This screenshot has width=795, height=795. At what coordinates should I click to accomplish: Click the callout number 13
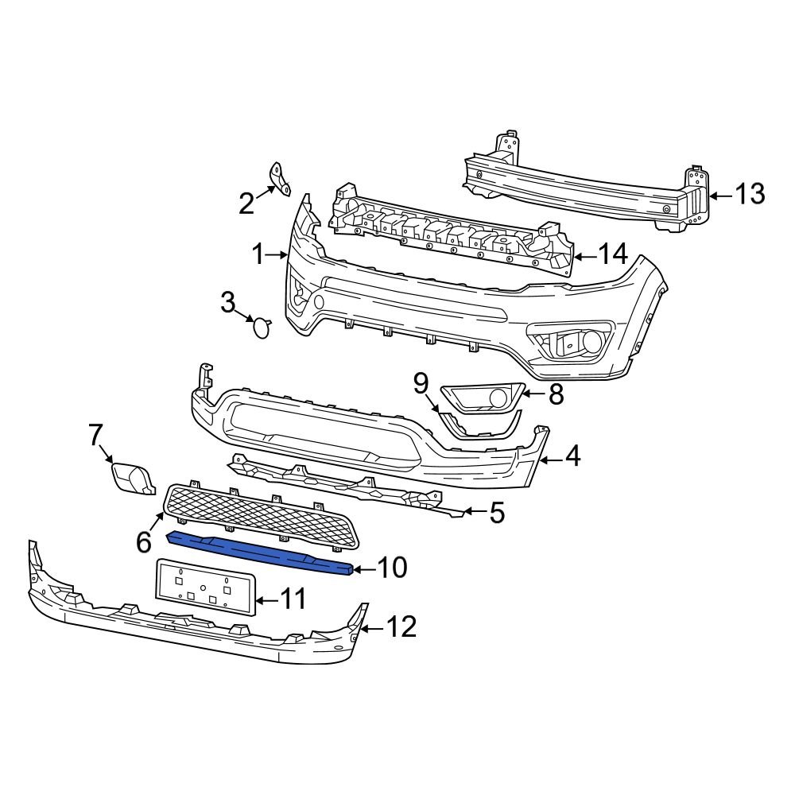pos(749,194)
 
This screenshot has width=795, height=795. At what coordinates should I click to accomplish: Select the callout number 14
pos(612,254)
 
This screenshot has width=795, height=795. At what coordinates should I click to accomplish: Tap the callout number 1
pos(258,255)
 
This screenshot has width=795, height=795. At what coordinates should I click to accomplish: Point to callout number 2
pos(246,204)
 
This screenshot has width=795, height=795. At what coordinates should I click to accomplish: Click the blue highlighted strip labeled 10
pos(262,549)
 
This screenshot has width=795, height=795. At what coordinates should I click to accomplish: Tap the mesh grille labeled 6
pos(262,514)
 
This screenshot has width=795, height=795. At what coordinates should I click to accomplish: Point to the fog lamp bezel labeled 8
pos(482,396)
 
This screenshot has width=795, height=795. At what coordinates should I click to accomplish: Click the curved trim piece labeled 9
pos(481,426)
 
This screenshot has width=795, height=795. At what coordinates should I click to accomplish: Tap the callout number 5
pos(497,513)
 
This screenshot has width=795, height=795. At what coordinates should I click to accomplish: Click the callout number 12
pos(401,627)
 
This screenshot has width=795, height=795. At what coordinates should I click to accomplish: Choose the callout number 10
pos(390,568)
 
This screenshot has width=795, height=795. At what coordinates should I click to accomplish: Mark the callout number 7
pos(95,435)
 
